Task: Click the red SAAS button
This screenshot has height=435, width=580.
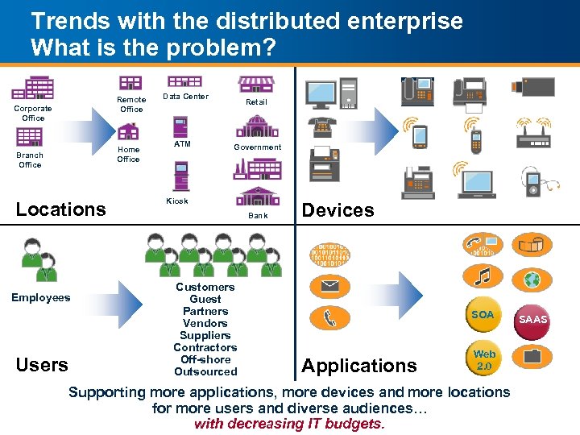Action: (532, 320)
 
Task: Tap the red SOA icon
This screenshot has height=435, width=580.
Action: (483, 315)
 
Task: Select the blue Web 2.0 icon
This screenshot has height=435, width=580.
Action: (484, 359)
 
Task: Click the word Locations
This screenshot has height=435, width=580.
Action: (61, 209)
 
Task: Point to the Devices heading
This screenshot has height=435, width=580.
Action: (338, 210)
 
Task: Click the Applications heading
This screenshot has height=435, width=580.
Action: (359, 367)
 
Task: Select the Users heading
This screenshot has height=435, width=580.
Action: (42, 365)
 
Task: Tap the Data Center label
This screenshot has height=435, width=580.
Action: (185, 97)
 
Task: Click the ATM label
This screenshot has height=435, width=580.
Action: (182, 144)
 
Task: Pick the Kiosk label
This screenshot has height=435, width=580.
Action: (177, 201)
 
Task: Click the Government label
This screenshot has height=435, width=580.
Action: (257, 147)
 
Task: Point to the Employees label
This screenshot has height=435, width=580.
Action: (40, 298)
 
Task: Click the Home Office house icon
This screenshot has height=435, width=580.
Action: (128, 131)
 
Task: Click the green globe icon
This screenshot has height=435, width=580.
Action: (532, 280)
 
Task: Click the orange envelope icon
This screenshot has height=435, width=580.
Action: (330, 286)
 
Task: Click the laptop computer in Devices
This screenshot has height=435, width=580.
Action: (478, 183)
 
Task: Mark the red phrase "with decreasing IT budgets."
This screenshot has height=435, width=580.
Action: (289, 424)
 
